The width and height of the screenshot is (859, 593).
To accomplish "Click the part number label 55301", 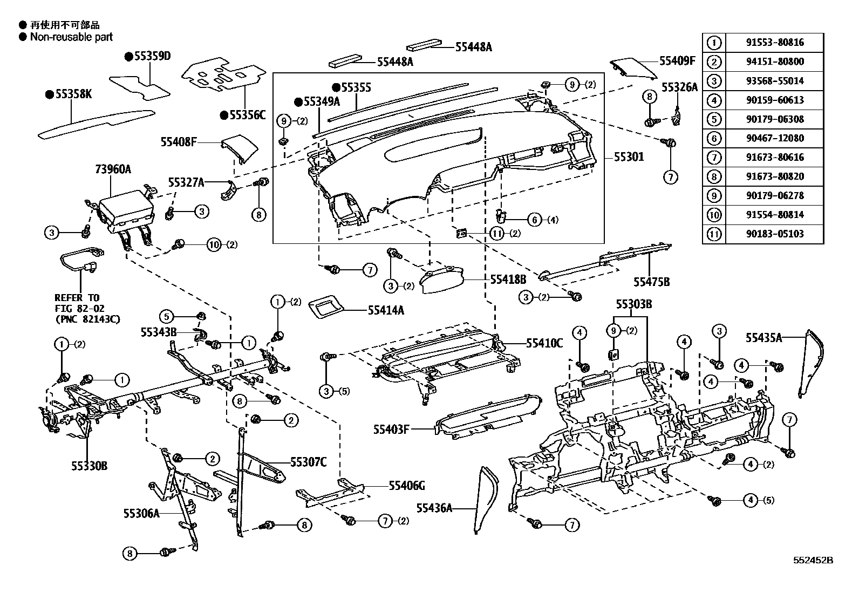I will pyautogui.click(x=629, y=158).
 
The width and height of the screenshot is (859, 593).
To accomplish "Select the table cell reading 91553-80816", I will pyautogui.click(x=775, y=43).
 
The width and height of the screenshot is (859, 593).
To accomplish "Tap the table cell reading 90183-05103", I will pyautogui.click(x=775, y=234).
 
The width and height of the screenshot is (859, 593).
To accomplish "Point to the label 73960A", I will pyautogui.click(x=113, y=169).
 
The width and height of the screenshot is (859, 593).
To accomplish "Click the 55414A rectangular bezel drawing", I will pyautogui.click(x=326, y=309).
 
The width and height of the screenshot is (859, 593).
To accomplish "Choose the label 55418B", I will pyautogui.click(x=508, y=279).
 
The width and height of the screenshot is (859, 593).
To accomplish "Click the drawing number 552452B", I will pyautogui.click(x=813, y=561).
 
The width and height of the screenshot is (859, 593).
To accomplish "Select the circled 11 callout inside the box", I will pyautogui.click(x=497, y=233).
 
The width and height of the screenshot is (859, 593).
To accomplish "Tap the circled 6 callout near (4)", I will pyautogui.click(x=534, y=219).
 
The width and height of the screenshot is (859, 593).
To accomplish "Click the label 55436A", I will pyautogui.click(x=434, y=507).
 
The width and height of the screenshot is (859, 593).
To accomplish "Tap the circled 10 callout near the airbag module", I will pyautogui.click(x=214, y=245).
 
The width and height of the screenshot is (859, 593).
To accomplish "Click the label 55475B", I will pyautogui.click(x=651, y=282).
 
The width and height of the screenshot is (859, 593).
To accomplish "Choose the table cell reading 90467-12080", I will pyautogui.click(x=775, y=138).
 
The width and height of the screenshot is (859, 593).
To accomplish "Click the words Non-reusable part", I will pyautogui.click(x=72, y=37).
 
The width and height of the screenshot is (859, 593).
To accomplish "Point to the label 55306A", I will pyautogui.click(x=142, y=513).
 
